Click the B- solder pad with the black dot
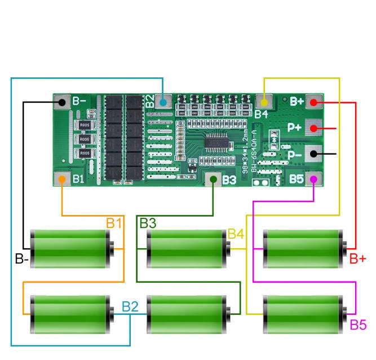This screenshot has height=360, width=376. pos(61,102)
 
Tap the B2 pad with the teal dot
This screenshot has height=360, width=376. pos(163,102)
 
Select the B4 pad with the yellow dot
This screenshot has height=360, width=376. pos(263,102)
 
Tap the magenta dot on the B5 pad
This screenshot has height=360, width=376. pos(314,179)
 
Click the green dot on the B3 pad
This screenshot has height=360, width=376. pos(213,180)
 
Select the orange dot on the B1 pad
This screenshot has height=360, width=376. pos(61,179)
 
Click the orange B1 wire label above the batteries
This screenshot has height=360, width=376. pos(114,223)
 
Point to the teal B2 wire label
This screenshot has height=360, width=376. pos(130,307)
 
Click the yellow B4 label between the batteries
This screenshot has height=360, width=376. pos(236,234)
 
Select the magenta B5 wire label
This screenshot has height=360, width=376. pos(358,324)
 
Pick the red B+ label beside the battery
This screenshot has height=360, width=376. pos(357,259)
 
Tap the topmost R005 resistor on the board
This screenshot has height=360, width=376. pos(84,125)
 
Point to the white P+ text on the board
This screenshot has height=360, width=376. pos(295,128)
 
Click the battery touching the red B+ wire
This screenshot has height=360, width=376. pos(305,248)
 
